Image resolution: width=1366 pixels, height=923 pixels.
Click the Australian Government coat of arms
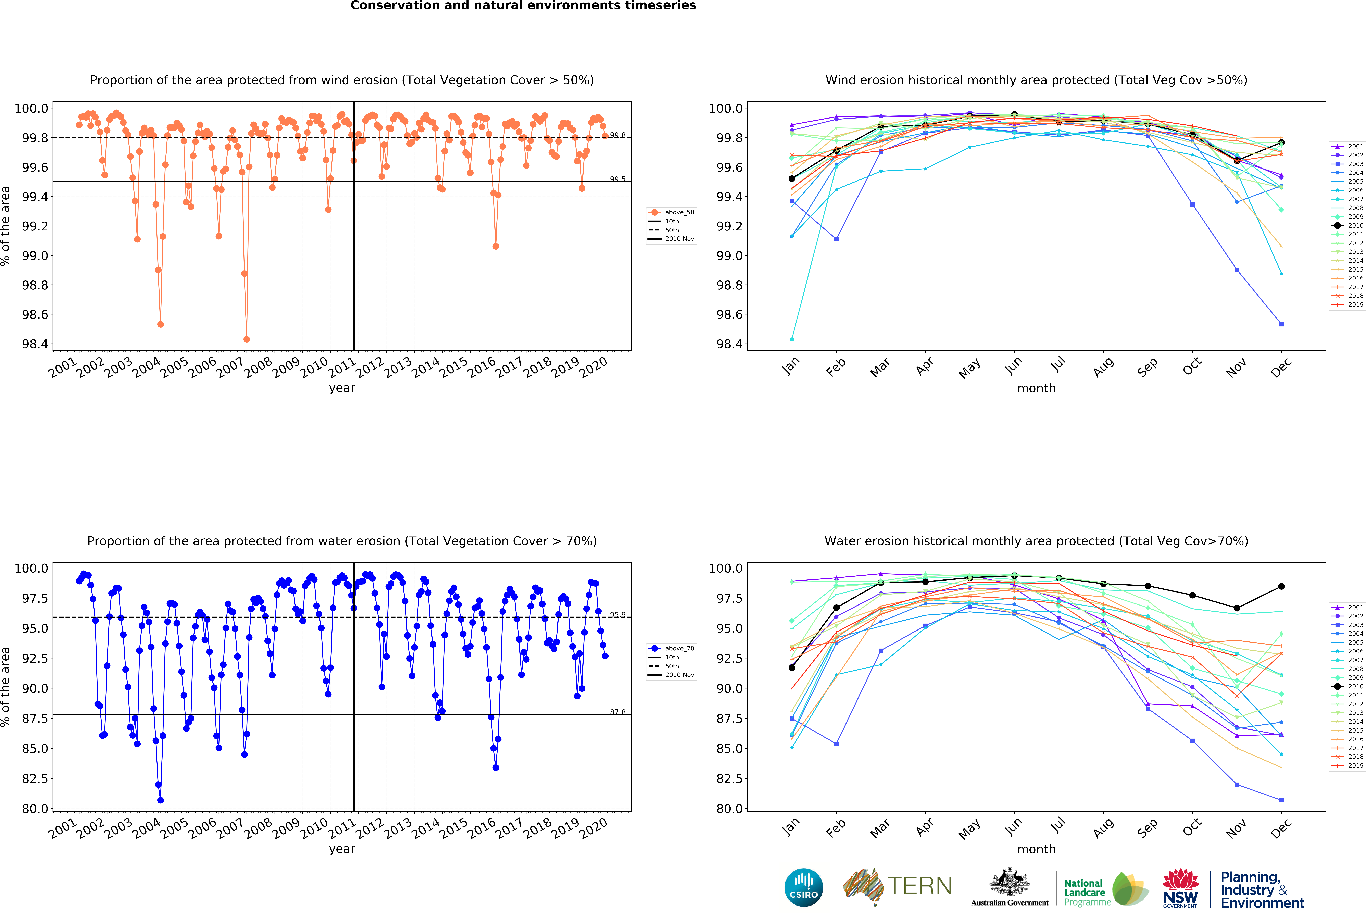pyautogui.click(x=1009, y=882)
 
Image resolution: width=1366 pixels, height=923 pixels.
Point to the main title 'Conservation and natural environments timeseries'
pyautogui.click(x=523, y=6)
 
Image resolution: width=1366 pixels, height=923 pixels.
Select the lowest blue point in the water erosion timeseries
pyautogui.click(x=160, y=800)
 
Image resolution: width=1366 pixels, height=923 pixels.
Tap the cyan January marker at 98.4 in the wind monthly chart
pyautogui.click(x=792, y=339)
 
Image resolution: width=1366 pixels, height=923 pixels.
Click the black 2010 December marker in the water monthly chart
pyautogui.click(x=1281, y=586)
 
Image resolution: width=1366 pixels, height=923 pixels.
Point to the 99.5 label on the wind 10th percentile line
pyautogui.click(x=617, y=179)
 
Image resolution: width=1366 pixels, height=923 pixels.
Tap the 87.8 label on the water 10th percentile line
pyautogui.click(x=617, y=712)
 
